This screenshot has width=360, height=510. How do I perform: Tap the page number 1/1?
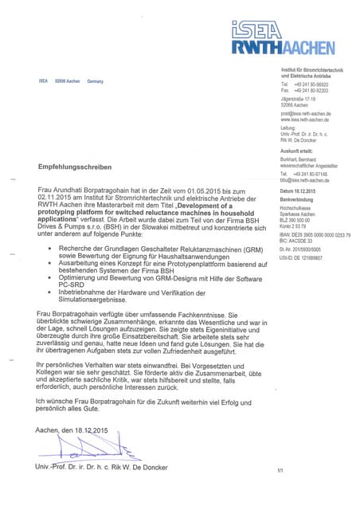280,471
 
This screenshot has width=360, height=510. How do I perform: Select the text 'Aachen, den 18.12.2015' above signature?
72,430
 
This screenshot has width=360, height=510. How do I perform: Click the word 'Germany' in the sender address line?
96,81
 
